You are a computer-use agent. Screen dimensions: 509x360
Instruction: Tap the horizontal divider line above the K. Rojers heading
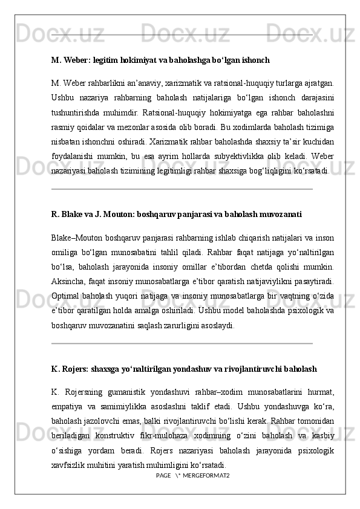coord(182,344)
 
